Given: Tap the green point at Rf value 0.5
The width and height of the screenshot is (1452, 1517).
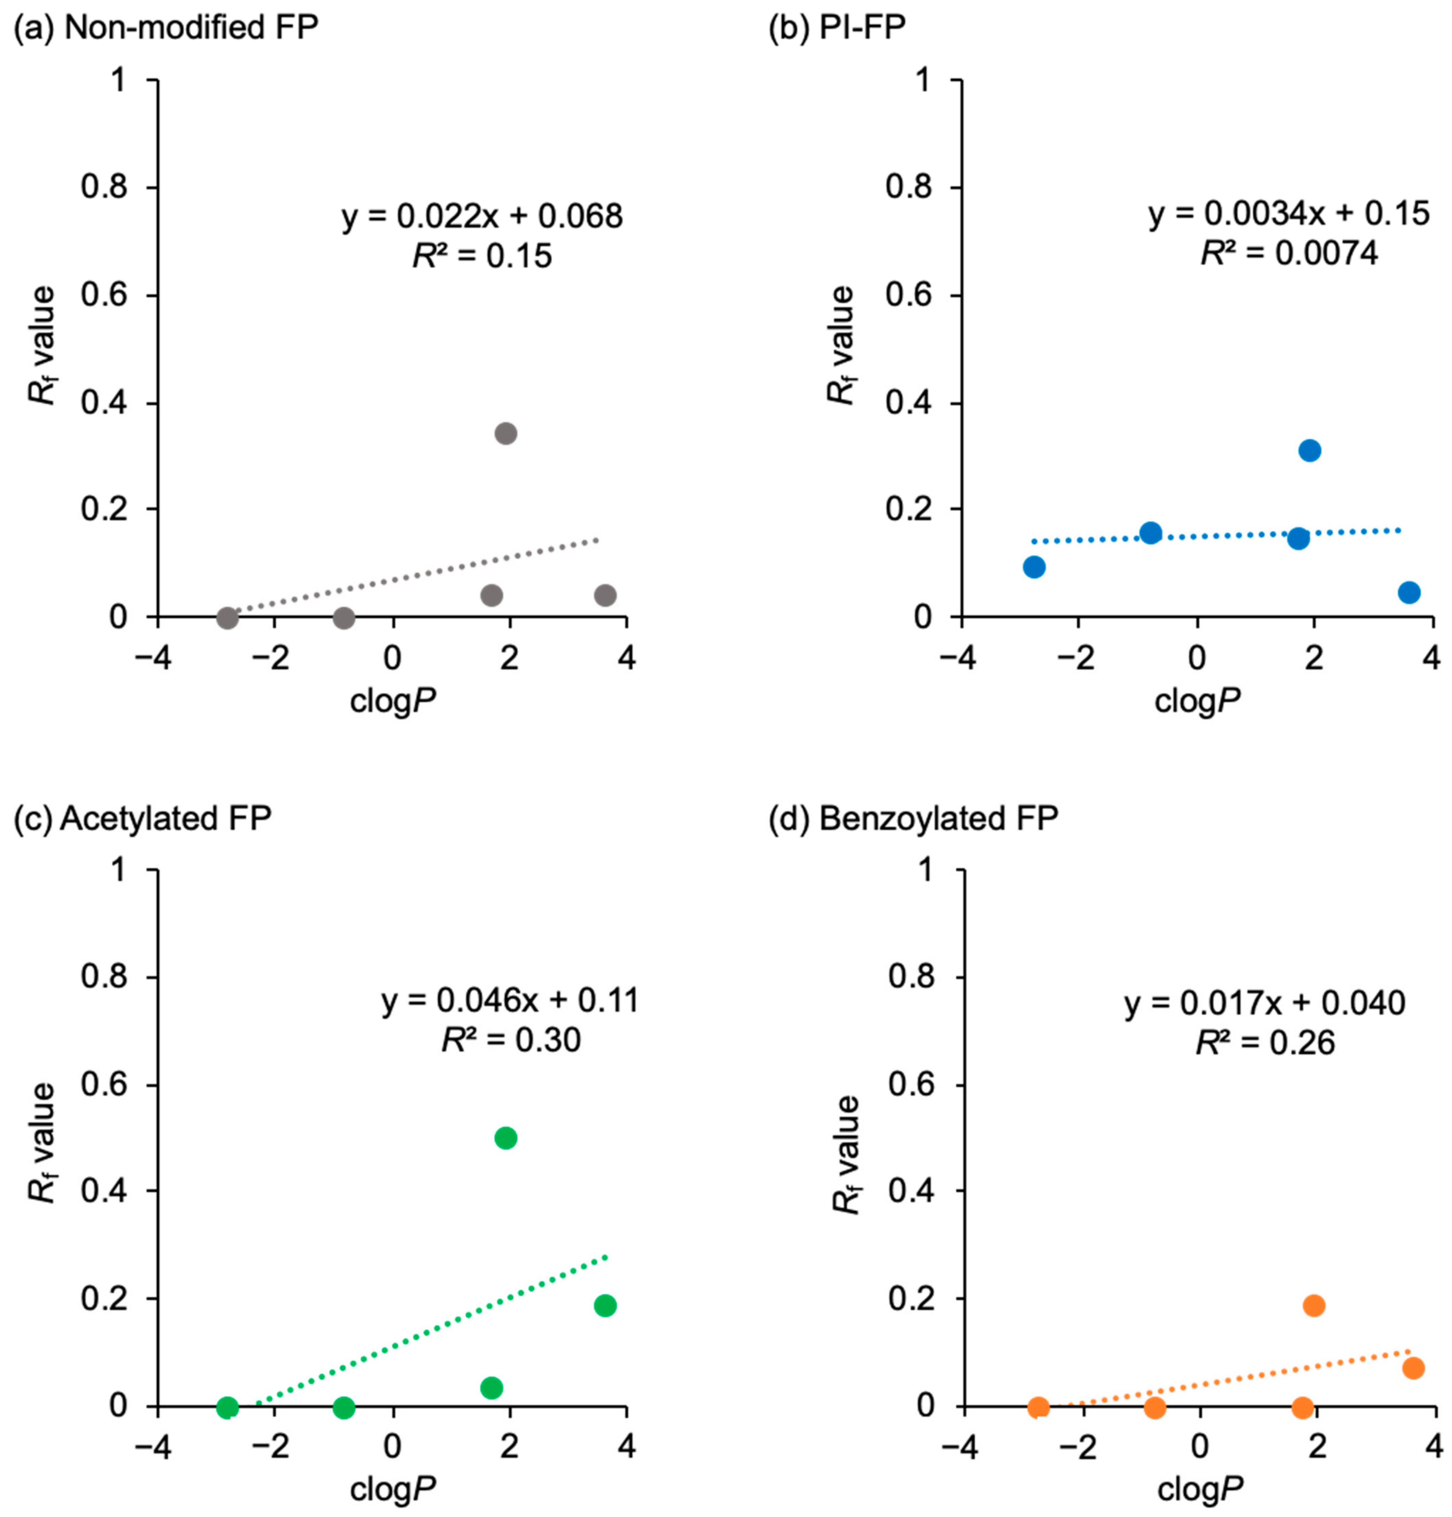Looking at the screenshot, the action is pyautogui.click(x=505, y=1138).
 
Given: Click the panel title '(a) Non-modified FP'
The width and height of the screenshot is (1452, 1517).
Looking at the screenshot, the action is pyautogui.click(x=165, y=28).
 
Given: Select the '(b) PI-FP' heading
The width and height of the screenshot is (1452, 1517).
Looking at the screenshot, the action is pyautogui.click(x=837, y=28).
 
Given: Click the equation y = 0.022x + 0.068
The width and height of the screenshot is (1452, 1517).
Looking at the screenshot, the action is pyautogui.click(x=482, y=217).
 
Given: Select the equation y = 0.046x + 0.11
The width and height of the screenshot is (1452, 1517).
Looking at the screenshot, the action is pyautogui.click(x=510, y=1001).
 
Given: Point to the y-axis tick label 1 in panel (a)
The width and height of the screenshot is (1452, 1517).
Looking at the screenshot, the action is pyautogui.click(x=118, y=80).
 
